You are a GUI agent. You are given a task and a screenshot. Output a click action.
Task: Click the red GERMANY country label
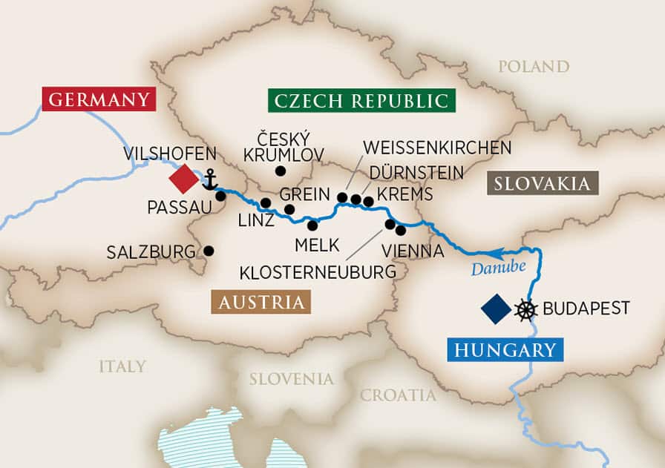coord(98,99)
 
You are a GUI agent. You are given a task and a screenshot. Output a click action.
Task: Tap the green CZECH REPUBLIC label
coord(361,100)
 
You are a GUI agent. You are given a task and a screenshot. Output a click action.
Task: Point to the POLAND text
coord(534,67)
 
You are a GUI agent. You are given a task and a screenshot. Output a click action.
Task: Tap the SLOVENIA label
coord(291,379)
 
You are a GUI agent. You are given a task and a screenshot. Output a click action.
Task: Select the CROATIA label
coord(398,395)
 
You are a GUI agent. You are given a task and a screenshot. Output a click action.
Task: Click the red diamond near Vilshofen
coord(183,179)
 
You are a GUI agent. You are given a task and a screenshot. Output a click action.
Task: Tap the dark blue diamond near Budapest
coord(495,309)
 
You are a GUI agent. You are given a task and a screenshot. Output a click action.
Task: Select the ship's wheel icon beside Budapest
coord(525,309)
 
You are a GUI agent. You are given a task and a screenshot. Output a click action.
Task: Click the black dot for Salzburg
coord(209,251)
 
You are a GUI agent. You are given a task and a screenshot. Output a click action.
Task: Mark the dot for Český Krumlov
coord(280,171)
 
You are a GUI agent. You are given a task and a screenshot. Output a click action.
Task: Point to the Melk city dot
coord(312,225)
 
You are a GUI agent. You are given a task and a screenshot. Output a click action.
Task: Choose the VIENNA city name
coord(412,251)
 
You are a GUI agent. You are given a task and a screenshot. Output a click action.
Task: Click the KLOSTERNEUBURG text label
coord(318,272)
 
